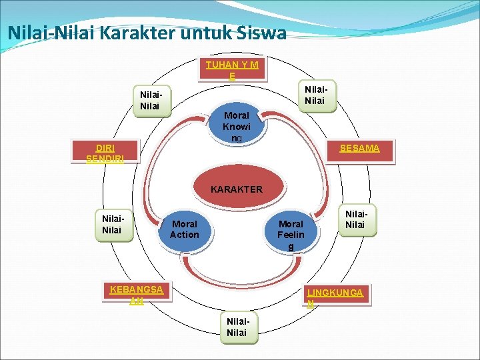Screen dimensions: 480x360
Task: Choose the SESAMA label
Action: [x=359, y=148]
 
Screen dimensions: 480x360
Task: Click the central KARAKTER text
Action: [x=236, y=189]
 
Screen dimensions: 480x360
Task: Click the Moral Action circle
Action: [x=184, y=229]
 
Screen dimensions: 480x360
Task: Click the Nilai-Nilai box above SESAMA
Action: [x=315, y=95]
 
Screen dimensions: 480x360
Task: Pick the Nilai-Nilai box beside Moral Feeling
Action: [x=355, y=220]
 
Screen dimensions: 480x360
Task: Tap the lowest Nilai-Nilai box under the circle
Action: [x=237, y=327]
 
